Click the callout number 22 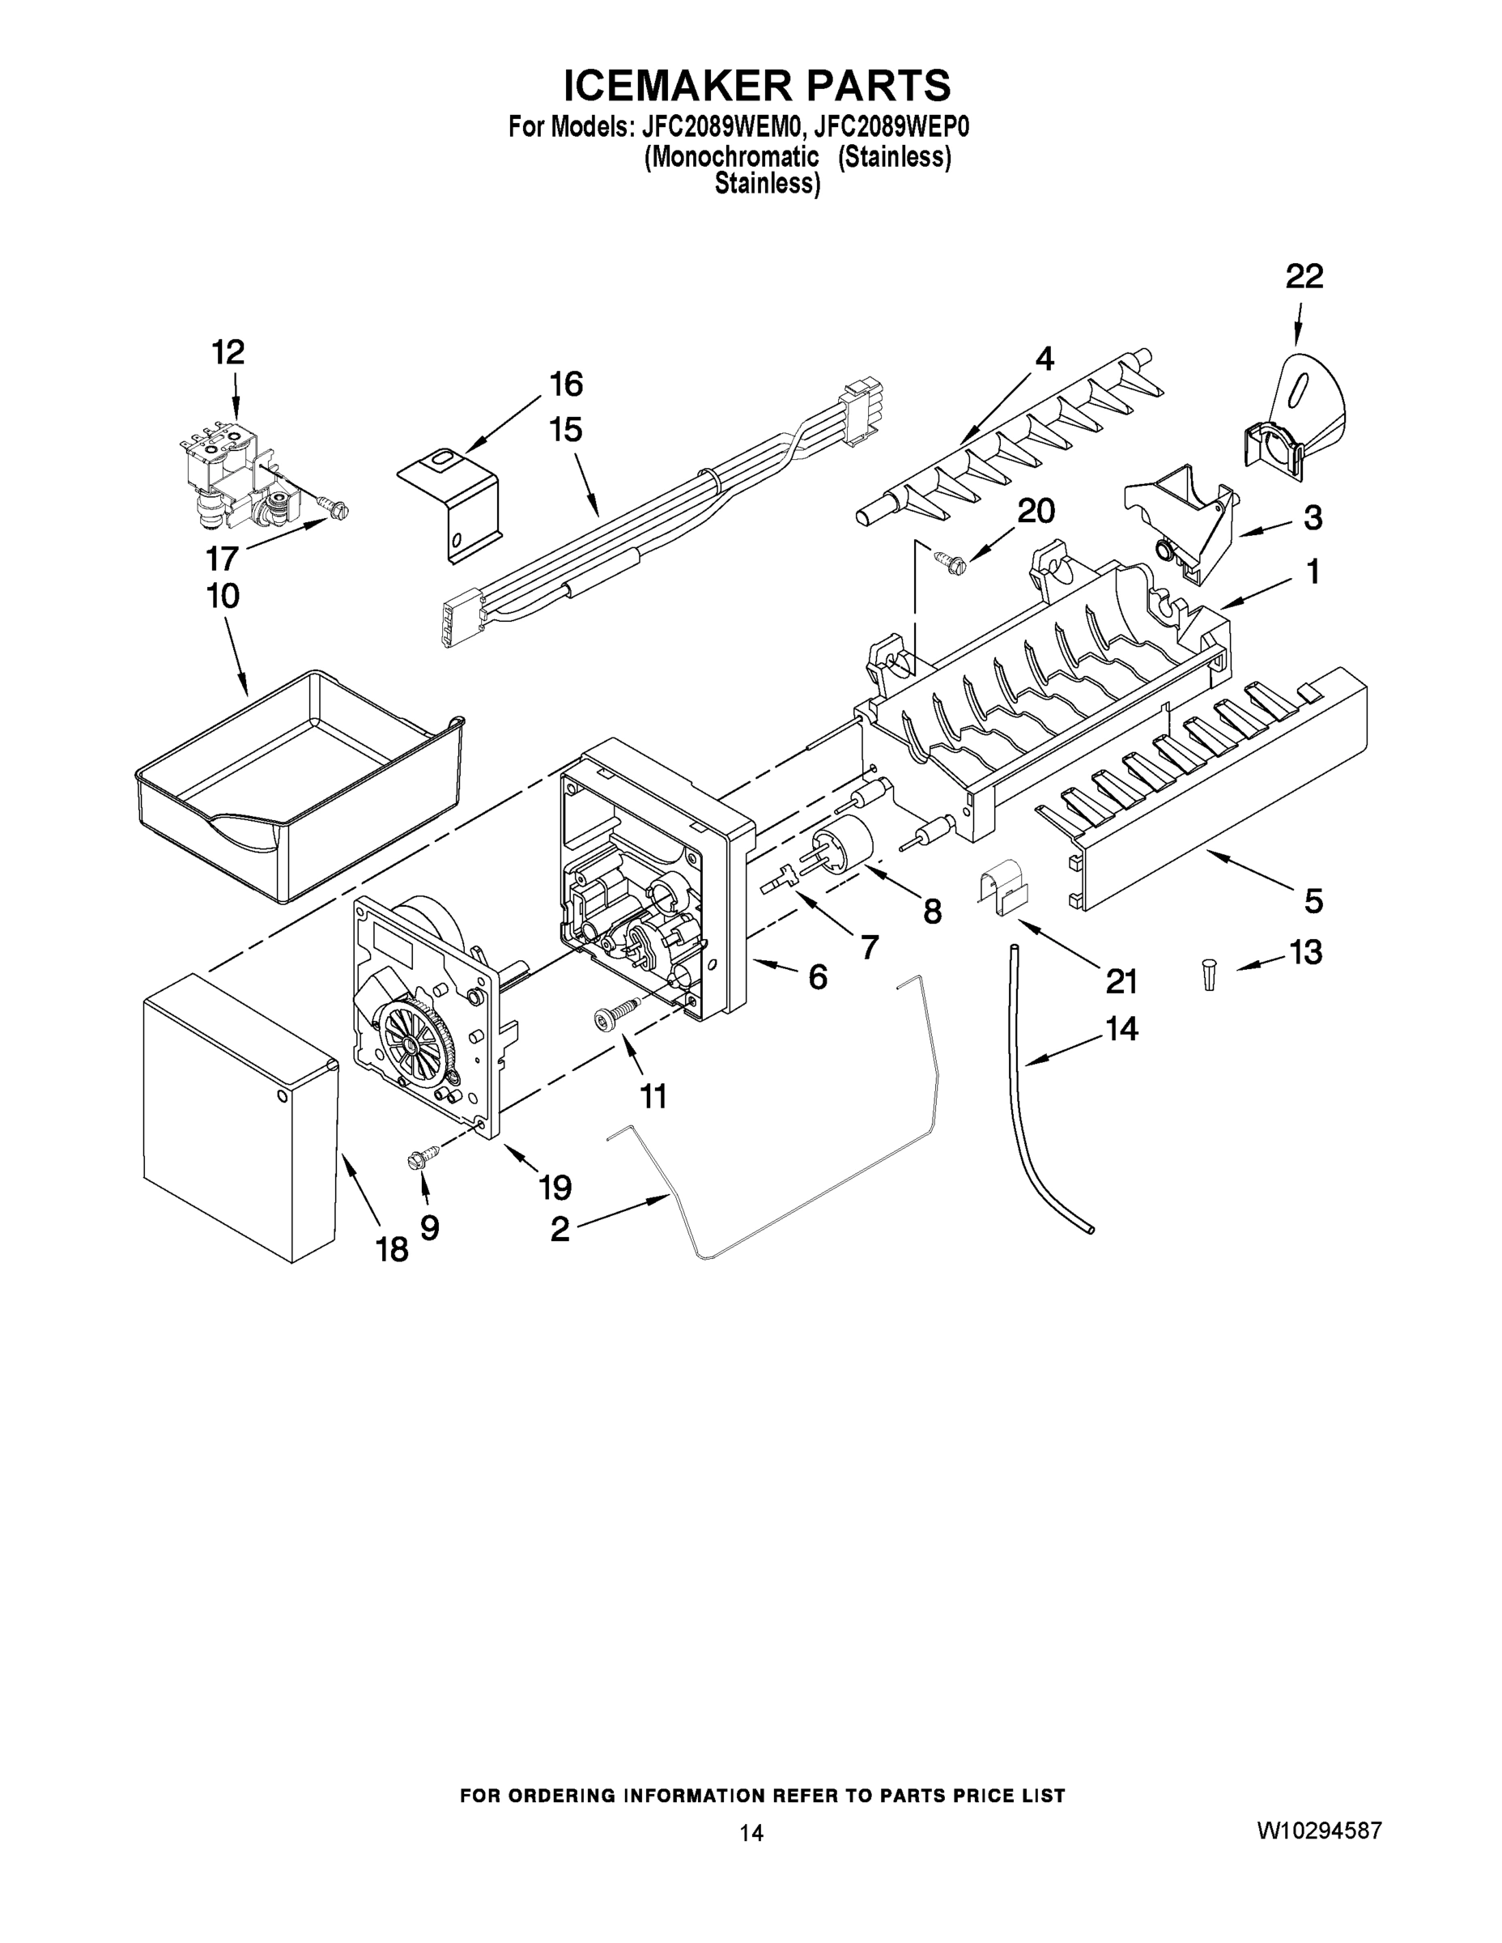click(1304, 277)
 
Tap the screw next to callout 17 click(337, 509)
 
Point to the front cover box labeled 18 click(239, 1116)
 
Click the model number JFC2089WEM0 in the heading click(722, 127)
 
